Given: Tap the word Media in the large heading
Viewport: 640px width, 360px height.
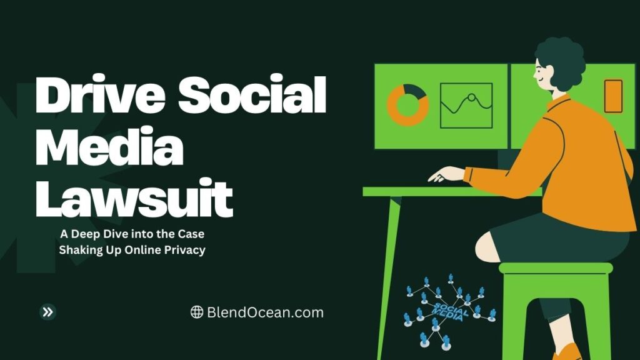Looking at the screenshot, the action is [x=109, y=146].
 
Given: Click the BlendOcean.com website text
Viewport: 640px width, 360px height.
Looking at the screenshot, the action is [x=265, y=312].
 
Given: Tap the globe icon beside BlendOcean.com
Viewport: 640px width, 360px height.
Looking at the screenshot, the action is [x=197, y=312].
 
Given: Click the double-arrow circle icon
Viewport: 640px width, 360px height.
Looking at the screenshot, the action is [x=47, y=312].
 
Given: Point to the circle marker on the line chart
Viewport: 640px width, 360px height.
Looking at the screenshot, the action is [x=471, y=97].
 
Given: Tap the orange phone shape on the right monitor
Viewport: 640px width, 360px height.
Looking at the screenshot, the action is [x=613, y=96].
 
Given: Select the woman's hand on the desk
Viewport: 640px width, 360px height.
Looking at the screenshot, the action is [x=446, y=174].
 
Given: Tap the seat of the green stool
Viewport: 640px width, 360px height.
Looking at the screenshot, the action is [x=556, y=268].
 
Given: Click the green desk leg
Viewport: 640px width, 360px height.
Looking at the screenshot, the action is [x=389, y=277].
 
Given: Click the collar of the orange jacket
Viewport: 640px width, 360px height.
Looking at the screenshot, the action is [x=559, y=102].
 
